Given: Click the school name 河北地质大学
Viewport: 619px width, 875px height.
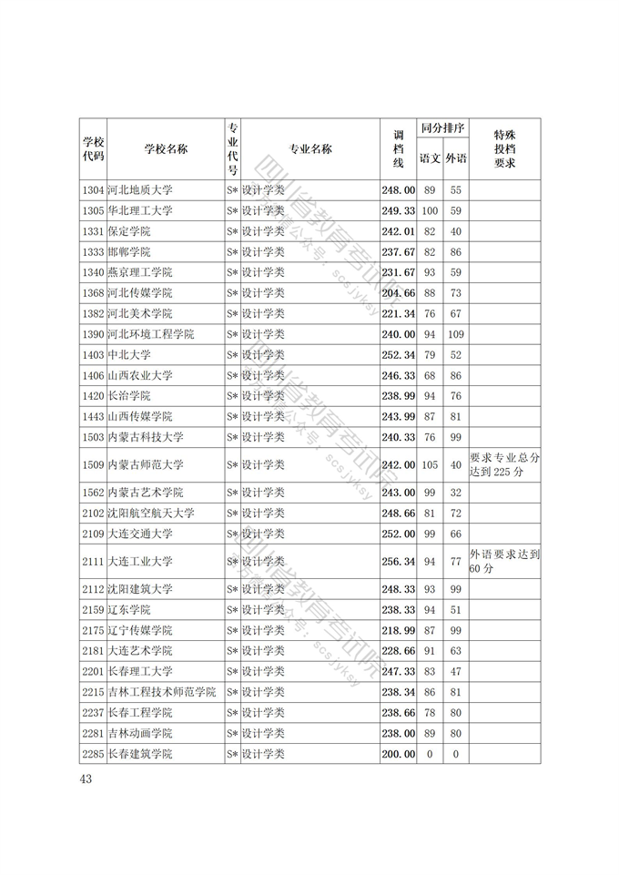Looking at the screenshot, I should [x=139, y=190].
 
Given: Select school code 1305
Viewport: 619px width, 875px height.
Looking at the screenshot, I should [x=93, y=211].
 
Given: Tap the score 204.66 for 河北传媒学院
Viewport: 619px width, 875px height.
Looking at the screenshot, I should [x=398, y=293].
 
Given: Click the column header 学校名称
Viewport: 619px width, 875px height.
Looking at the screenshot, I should [x=166, y=150].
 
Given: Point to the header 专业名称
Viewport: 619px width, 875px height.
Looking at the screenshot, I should [x=310, y=150].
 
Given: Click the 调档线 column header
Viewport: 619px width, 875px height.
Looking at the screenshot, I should [x=398, y=150].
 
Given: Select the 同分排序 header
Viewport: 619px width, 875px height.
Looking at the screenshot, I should [x=443, y=128].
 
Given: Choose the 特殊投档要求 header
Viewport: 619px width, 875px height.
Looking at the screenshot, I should [x=504, y=149].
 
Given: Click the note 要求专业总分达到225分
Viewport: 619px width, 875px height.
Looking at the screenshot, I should [x=505, y=464].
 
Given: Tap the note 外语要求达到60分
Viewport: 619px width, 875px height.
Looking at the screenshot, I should [x=505, y=561].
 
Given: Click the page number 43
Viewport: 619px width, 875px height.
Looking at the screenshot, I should [x=86, y=778].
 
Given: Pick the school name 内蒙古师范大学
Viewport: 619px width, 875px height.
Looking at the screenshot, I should [x=146, y=464].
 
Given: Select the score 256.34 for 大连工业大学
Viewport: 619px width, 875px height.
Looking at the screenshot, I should [x=398, y=562].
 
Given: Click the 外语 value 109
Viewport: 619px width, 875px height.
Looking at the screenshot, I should [x=456, y=334].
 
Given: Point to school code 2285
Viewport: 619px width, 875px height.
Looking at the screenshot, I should [x=93, y=754].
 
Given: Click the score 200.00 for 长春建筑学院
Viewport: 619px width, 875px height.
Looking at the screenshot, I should [x=398, y=754].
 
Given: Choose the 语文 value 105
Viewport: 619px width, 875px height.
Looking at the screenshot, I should [x=430, y=464].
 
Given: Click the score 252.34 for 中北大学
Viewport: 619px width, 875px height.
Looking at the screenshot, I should [x=398, y=355].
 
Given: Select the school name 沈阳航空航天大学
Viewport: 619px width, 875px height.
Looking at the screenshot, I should [x=151, y=514].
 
